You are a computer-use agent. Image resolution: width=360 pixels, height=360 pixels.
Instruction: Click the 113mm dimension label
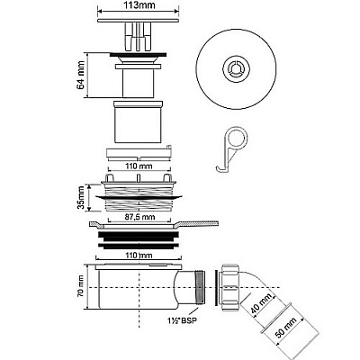[139, 6]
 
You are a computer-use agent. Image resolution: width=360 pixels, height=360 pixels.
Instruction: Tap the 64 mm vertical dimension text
[80, 76]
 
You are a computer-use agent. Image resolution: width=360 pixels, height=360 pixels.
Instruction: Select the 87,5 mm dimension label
[139, 217]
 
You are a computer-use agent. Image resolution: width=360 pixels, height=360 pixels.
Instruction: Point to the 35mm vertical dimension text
[81, 198]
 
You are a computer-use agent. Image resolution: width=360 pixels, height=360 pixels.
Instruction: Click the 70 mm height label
[80, 288]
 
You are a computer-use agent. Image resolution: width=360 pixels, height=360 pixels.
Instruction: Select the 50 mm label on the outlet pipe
[285, 328]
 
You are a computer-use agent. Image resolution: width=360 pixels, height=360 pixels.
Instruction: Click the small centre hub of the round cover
[236, 70]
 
